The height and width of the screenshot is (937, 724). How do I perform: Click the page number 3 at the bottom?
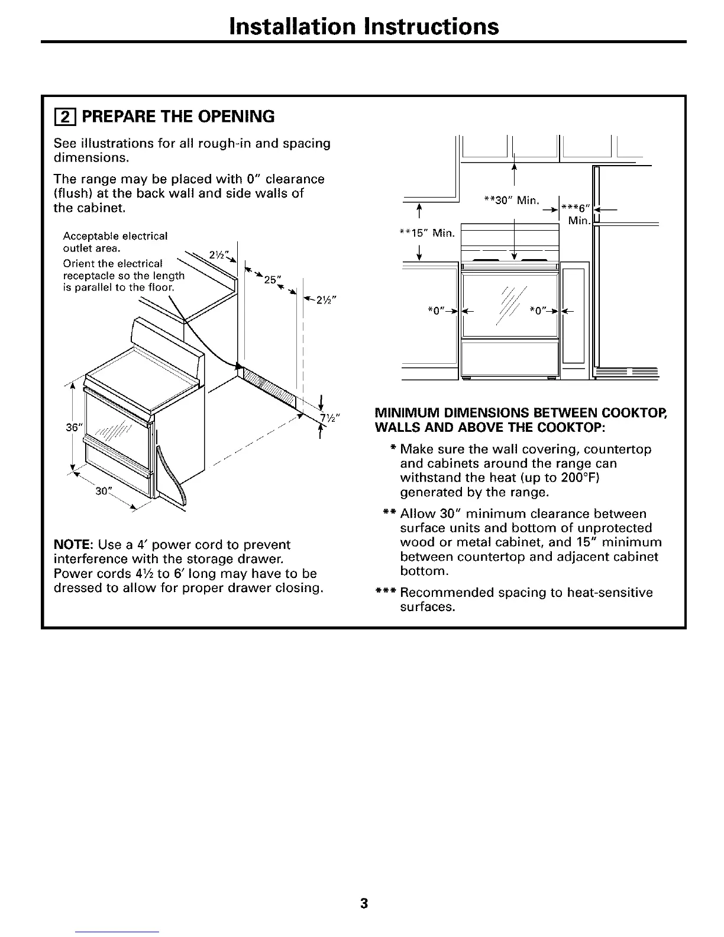point(364,903)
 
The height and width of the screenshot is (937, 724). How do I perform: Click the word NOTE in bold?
point(71,545)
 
